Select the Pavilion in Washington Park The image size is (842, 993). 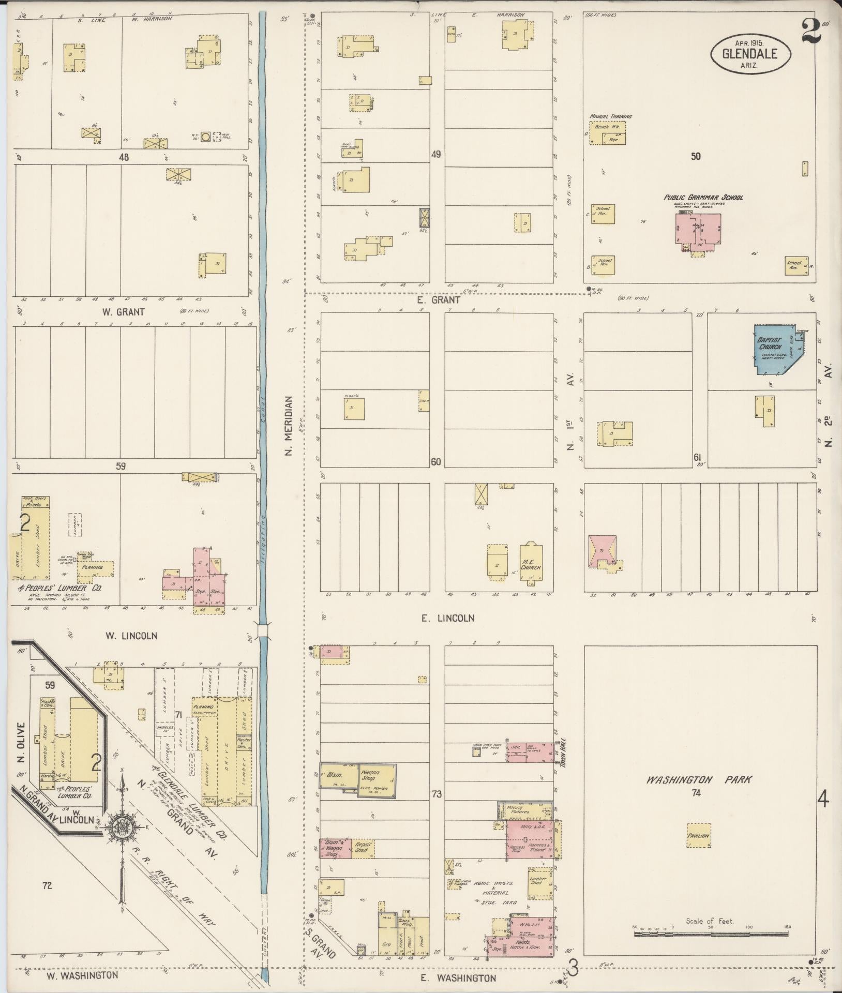pos(698,835)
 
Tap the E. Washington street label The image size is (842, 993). pos(458,978)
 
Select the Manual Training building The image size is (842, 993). pos(608,133)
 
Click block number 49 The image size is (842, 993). pos(436,154)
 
